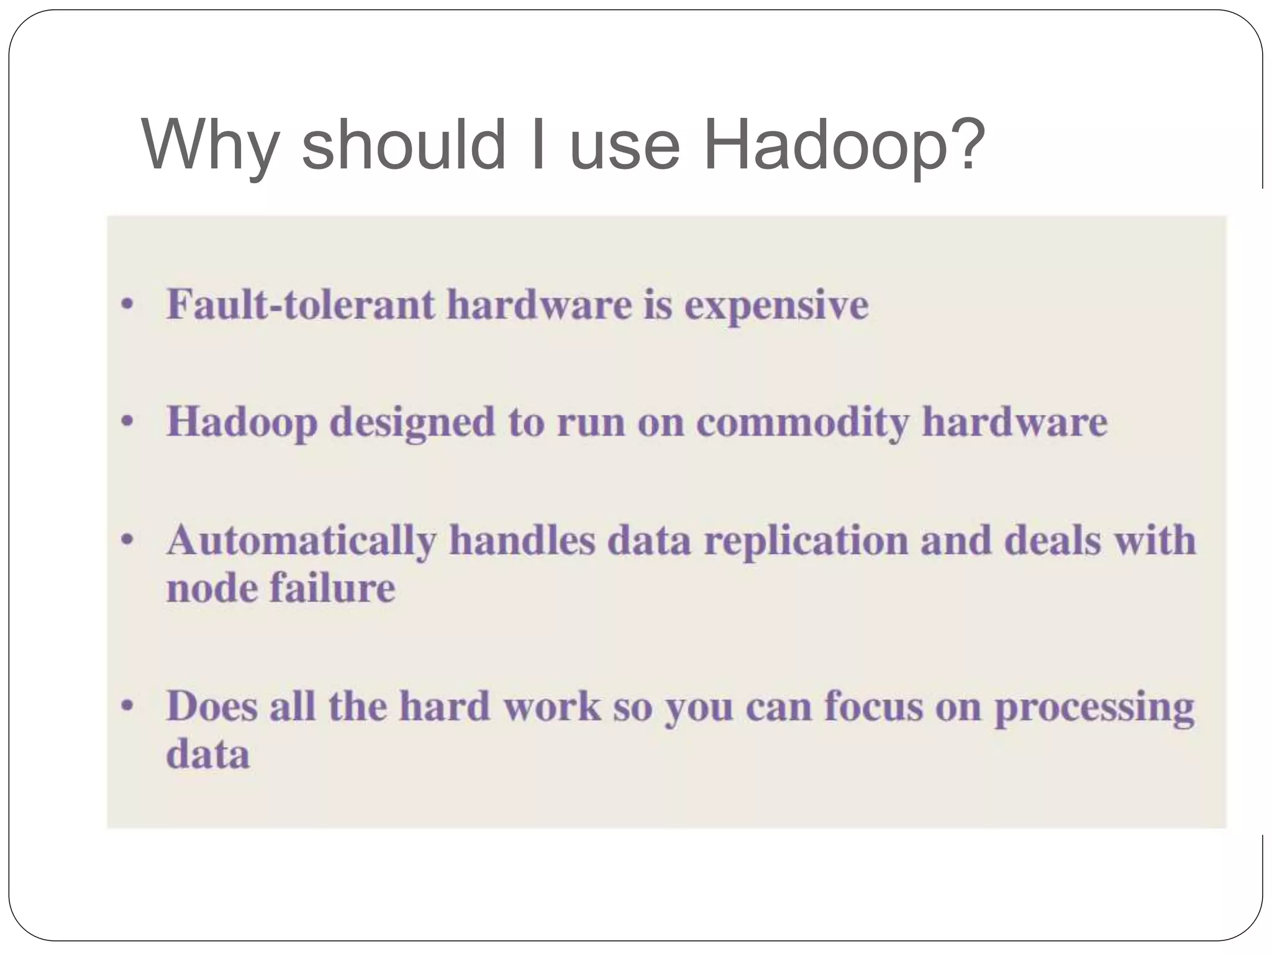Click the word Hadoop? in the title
(843, 145)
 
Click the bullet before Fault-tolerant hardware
(127, 305)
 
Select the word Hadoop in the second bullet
(242, 423)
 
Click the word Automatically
(301, 541)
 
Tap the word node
(211, 588)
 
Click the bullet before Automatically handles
(127, 540)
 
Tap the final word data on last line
(207, 754)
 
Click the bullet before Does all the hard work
(127, 706)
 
